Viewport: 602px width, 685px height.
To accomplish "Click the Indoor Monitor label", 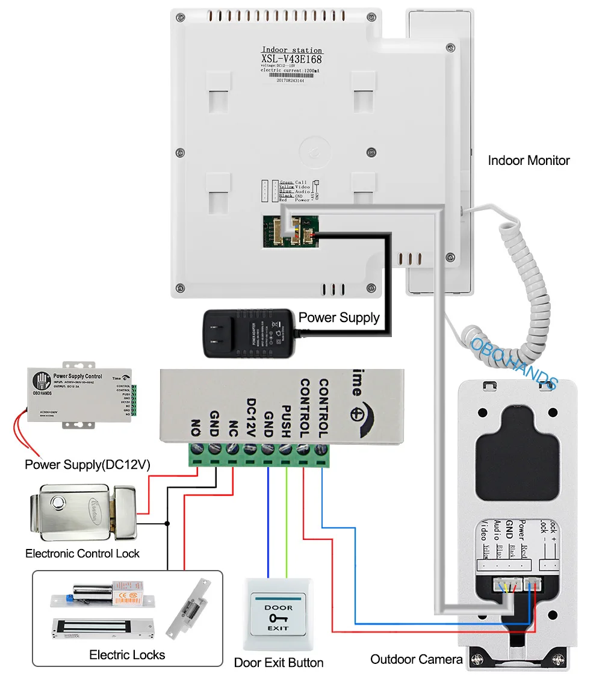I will coord(529,161).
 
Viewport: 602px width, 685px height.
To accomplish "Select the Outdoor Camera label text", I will coord(417,659).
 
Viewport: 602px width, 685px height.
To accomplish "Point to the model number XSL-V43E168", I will coord(291,59).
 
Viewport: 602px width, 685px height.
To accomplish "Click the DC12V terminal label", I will coord(252,418).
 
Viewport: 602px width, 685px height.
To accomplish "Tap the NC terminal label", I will coord(233,427).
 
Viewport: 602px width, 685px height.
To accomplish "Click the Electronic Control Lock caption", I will coord(82,553).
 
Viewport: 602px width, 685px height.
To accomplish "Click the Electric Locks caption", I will coord(127,654).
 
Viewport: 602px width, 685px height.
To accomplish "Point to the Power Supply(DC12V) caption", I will coord(87,465).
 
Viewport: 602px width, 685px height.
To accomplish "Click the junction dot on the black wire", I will coord(168,523).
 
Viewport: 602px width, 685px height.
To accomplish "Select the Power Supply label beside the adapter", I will coord(339,317).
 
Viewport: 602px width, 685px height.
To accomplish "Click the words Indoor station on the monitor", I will coord(292,50).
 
